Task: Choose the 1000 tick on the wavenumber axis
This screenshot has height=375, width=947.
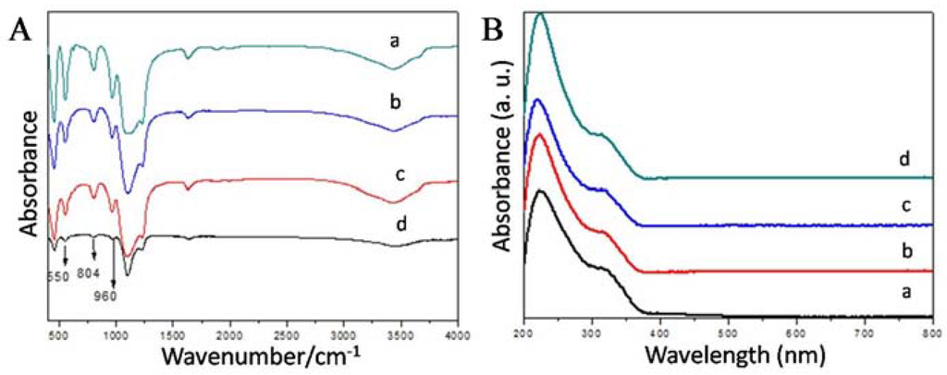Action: (x=116, y=332)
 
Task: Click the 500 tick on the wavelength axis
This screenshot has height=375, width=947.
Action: (x=727, y=332)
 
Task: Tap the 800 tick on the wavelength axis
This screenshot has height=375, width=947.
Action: (x=931, y=332)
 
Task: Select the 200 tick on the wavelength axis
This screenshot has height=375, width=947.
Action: (x=523, y=332)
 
